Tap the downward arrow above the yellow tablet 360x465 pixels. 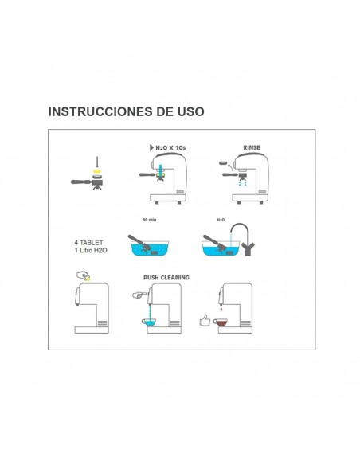pos(96,162)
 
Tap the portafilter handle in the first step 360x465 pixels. pos(80,184)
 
